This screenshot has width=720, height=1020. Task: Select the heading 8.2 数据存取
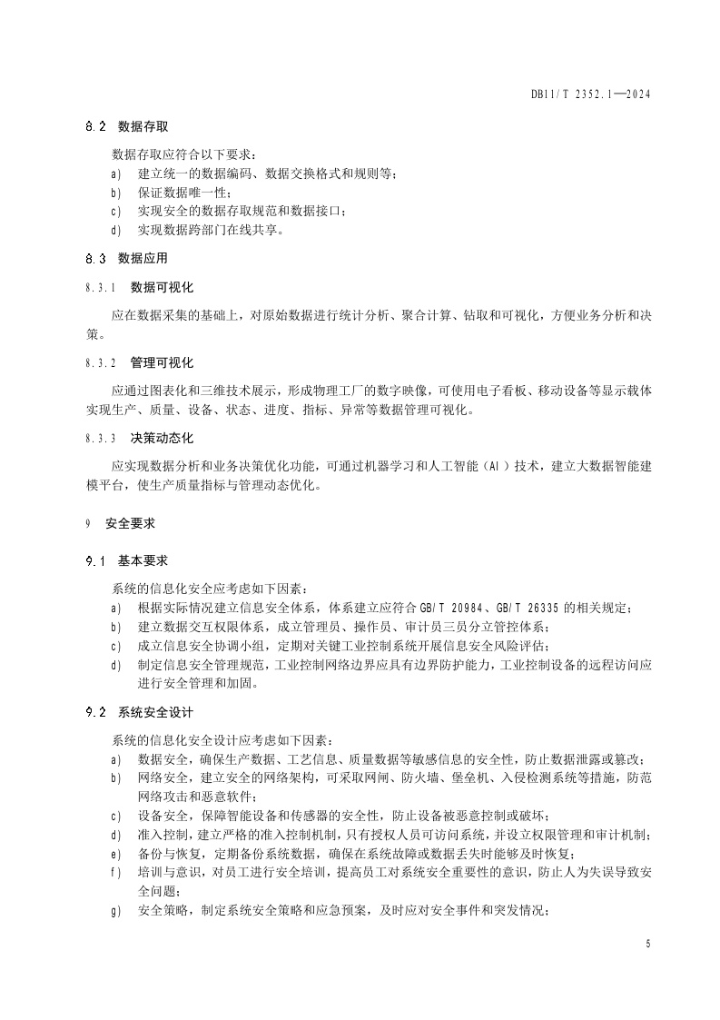[134, 126]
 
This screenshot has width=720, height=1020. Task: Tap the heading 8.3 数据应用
[134, 258]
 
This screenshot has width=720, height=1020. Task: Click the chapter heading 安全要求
[130, 524]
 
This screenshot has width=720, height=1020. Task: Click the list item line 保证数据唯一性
[184, 193]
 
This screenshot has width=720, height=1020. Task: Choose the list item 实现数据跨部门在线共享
[211, 231]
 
